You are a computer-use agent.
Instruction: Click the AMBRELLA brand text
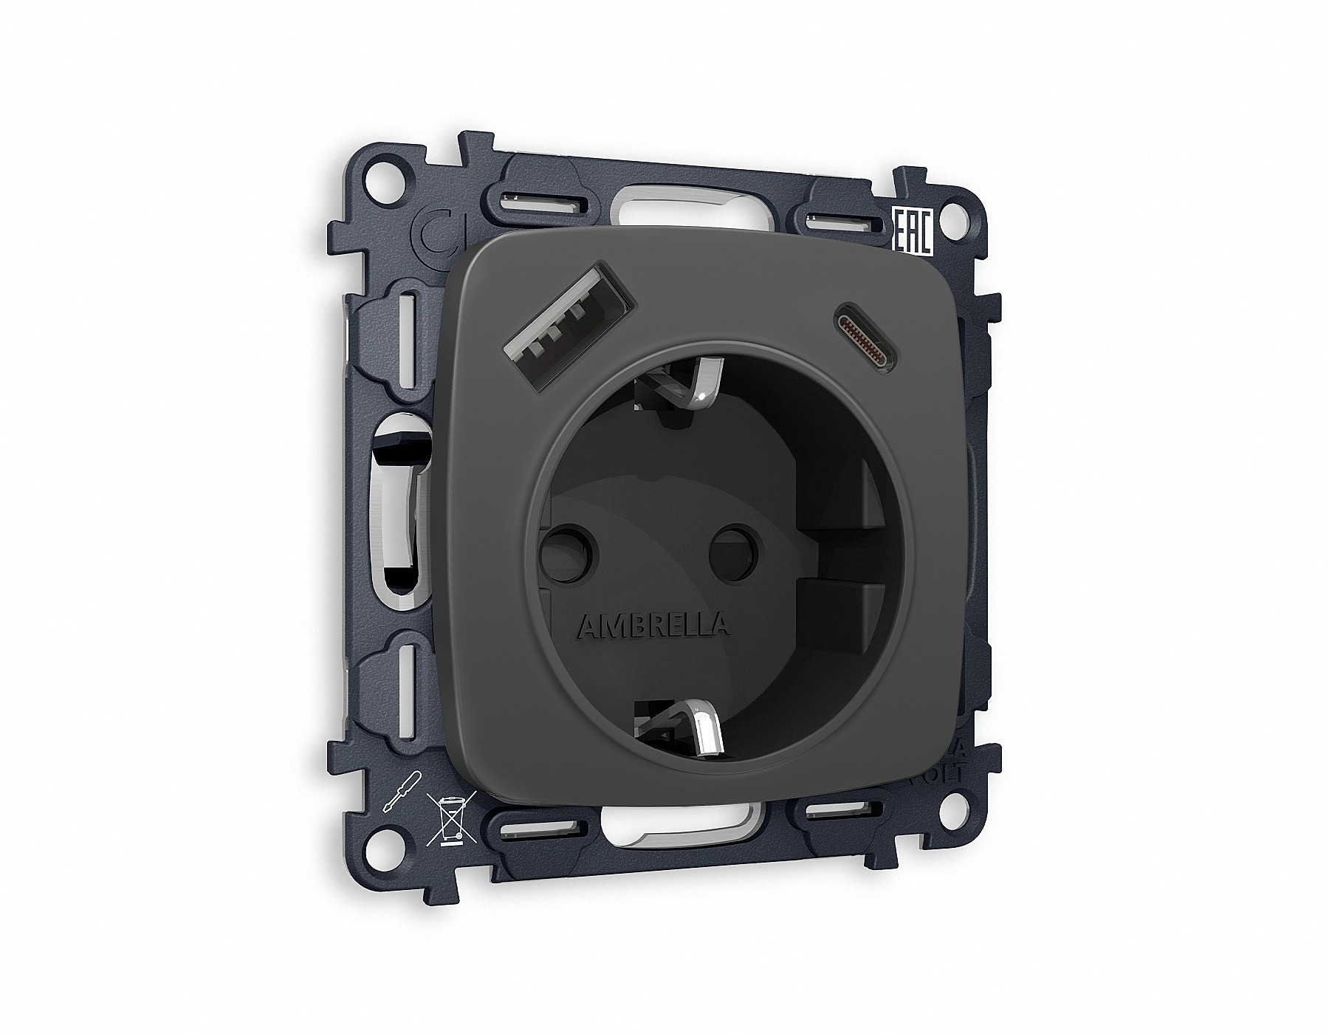(x=653, y=626)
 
